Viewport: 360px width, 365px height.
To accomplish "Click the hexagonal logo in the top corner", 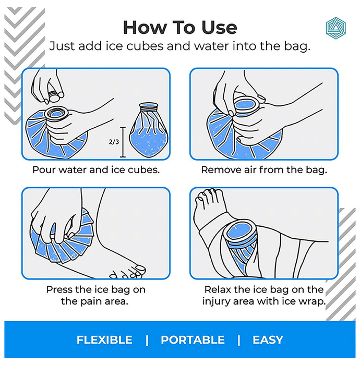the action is coord(335,28).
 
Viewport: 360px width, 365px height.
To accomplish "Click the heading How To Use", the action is coord(180,28).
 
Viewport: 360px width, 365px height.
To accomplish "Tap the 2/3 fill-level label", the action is coord(114,141).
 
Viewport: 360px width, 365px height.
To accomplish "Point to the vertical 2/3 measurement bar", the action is coord(123,142).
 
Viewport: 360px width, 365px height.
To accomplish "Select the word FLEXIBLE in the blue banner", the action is coord(104,340).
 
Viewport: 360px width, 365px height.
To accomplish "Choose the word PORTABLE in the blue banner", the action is coord(193,340).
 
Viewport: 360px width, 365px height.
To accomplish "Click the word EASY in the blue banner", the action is coord(268,340).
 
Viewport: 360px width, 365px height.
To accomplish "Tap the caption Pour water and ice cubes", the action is coord(96,169).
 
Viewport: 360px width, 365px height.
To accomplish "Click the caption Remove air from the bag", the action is coord(264,169).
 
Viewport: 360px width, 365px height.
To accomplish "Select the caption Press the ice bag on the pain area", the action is coord(95,296).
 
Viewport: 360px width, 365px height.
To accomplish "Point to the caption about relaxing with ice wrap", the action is coord(264,296).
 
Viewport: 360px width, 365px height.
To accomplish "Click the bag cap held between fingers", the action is coord(54,95).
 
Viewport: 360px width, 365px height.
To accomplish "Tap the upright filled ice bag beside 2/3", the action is coord(149,130).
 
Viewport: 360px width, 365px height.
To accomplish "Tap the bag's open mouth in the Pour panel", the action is coord(56,114).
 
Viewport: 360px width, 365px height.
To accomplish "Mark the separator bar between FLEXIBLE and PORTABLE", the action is coord(147,340).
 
